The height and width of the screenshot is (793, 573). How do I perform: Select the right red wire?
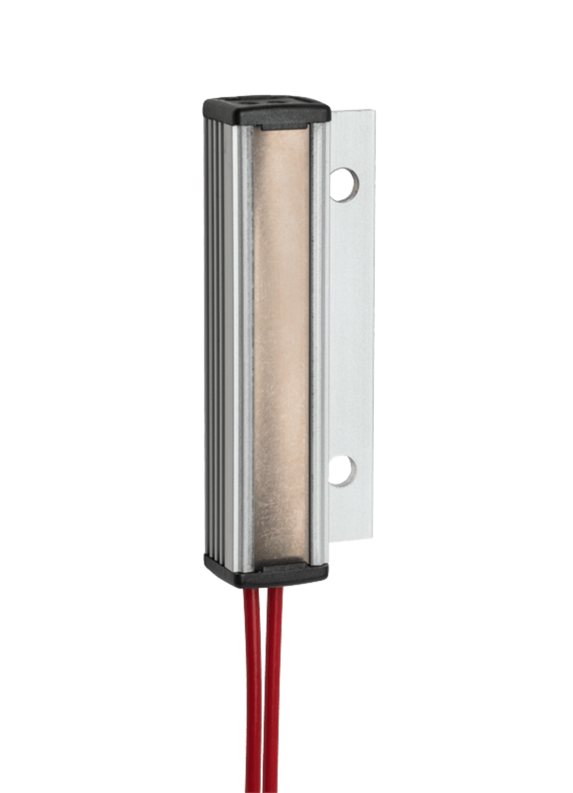click(x=273, y=687)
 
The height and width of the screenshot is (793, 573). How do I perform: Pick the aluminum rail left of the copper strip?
click(x=246, y=344)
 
